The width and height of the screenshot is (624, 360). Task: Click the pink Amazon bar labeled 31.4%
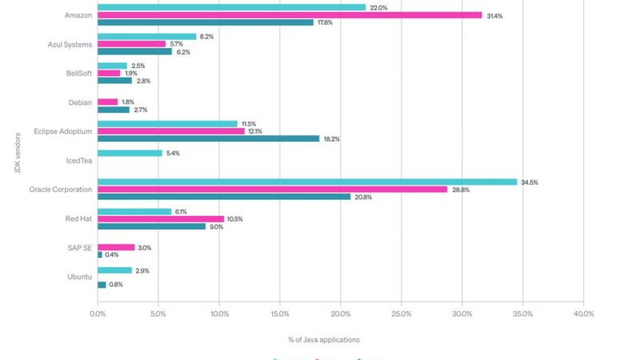pos(290,15)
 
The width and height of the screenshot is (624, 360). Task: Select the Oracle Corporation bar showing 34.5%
pos(307,182)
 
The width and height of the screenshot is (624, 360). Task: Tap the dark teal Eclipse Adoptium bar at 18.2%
pos(208,138)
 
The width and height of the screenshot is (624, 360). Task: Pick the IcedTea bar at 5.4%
pos(130,153)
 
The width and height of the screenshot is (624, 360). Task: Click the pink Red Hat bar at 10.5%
pos(161,218)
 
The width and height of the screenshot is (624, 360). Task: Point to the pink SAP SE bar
pos(116,247)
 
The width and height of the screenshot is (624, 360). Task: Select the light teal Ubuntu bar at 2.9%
pos(114,270)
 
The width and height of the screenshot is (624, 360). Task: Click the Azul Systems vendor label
pos(70,44)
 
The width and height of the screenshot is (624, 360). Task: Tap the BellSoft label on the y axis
pos(77,73)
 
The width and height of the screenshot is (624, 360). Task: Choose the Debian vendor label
pos(80,102)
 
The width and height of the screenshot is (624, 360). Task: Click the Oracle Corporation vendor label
pos(61,190)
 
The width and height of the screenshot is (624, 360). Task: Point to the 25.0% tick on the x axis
pos(402,314)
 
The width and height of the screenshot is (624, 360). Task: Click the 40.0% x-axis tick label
pos(583,314)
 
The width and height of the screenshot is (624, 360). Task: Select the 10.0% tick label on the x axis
pos(219,314)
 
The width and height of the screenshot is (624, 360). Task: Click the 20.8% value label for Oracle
pos(365,197)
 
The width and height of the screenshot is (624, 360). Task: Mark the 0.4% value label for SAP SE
pos(112,255)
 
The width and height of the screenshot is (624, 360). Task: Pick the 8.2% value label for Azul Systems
pos(206,37)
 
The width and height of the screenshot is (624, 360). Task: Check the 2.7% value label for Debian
pos(140,110)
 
